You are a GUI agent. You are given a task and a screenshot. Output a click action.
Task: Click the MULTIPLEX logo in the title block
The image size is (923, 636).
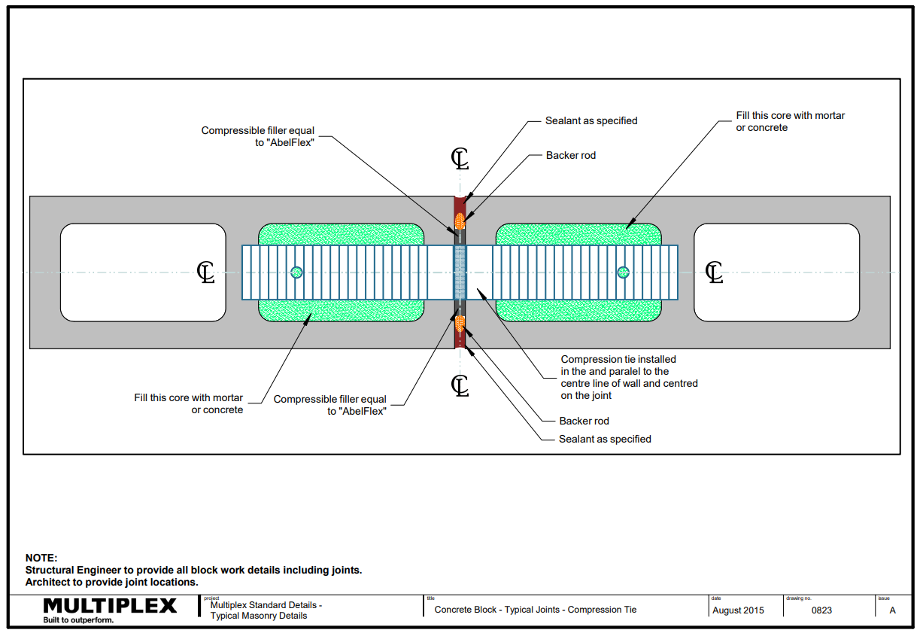110,606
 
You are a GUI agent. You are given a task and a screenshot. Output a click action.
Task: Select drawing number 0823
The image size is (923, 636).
821,610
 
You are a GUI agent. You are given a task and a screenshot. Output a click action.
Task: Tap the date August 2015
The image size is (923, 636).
737,610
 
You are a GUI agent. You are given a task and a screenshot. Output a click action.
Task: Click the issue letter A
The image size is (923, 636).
893,610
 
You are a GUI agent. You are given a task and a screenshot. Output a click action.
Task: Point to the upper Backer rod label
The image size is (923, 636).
571,156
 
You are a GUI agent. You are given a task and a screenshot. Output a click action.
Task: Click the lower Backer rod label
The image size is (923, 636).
584,421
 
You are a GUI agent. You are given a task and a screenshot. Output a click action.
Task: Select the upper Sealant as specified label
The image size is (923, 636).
591,120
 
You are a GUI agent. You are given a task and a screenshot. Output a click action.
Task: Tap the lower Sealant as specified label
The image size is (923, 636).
605,440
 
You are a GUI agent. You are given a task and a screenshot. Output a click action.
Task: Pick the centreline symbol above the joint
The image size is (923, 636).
460,159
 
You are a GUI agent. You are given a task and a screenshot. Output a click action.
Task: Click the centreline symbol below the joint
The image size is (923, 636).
460,385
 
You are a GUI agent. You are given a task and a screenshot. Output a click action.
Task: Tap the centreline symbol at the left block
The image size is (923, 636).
205,272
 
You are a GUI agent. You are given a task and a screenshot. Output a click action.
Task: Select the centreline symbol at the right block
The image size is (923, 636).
714,272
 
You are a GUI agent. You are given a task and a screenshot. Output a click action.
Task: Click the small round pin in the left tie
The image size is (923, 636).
296,272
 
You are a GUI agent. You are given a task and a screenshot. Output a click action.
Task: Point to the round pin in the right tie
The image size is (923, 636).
622,272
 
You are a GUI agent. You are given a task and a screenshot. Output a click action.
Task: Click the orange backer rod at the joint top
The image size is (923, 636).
460,221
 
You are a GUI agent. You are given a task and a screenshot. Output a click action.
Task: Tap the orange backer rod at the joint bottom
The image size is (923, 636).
460,324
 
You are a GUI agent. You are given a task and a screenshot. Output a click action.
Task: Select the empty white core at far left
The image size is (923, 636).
143,272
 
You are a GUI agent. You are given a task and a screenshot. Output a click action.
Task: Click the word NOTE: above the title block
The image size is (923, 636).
41,558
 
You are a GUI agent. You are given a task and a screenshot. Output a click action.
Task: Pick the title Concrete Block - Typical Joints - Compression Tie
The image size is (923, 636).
536,610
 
